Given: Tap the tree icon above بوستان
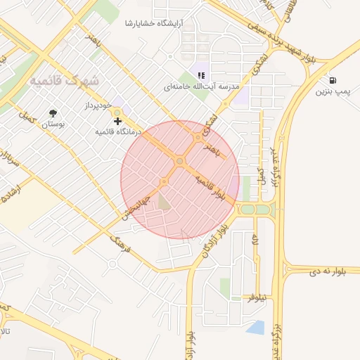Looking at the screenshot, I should pos(53,112).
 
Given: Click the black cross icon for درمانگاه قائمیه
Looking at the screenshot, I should pos(117,122).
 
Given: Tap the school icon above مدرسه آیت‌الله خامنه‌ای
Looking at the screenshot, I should pos(201,75).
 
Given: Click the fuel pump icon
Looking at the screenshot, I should pos(332,80).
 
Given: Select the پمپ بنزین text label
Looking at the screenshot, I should pos(331,91).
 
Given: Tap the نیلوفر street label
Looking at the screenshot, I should pos(257,298).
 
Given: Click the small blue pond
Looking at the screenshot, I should pos(256,327).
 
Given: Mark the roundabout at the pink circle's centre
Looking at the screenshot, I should pos(180,162).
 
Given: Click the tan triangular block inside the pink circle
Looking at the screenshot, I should pos(164,202).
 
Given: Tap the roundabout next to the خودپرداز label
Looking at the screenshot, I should pos(117,112).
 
